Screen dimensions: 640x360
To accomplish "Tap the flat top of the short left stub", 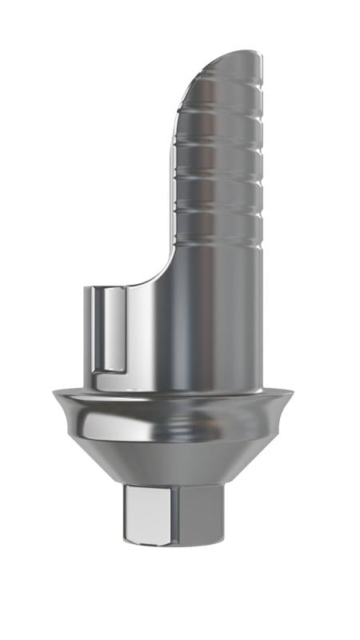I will point(108,285).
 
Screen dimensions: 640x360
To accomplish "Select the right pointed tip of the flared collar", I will point(293,392).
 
